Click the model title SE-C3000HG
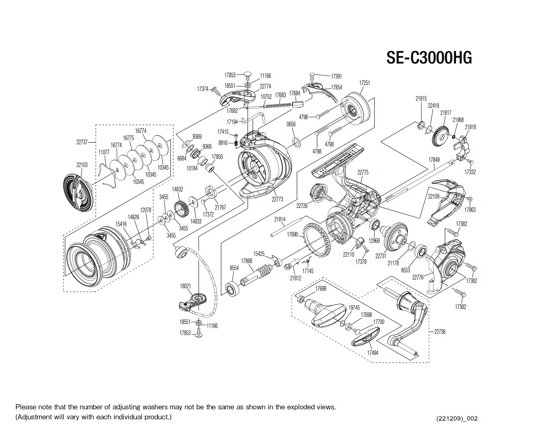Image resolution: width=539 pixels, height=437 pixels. tap(429, 58)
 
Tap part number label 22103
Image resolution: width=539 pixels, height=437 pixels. tap(82, 165)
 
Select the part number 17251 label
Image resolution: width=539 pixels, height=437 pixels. tap(364, 83)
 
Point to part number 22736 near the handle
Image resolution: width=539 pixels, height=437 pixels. tap(440, 332)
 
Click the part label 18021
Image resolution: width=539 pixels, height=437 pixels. tap(185, 286)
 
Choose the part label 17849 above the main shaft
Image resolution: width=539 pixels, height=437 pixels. tap(434, 160)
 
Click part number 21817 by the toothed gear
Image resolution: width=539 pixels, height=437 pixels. tap(445, 113)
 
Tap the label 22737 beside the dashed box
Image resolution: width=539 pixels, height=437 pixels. tap(82, 142)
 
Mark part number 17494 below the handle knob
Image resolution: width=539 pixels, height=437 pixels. tap(373, 353)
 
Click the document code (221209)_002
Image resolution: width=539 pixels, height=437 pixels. tap(457, 418)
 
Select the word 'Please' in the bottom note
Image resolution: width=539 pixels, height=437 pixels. tap(25, 407)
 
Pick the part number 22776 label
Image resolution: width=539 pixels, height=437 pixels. tap(418, 277)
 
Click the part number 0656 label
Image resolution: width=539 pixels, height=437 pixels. tap(291, 124)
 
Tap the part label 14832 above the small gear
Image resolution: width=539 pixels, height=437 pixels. tap(177, 189)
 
